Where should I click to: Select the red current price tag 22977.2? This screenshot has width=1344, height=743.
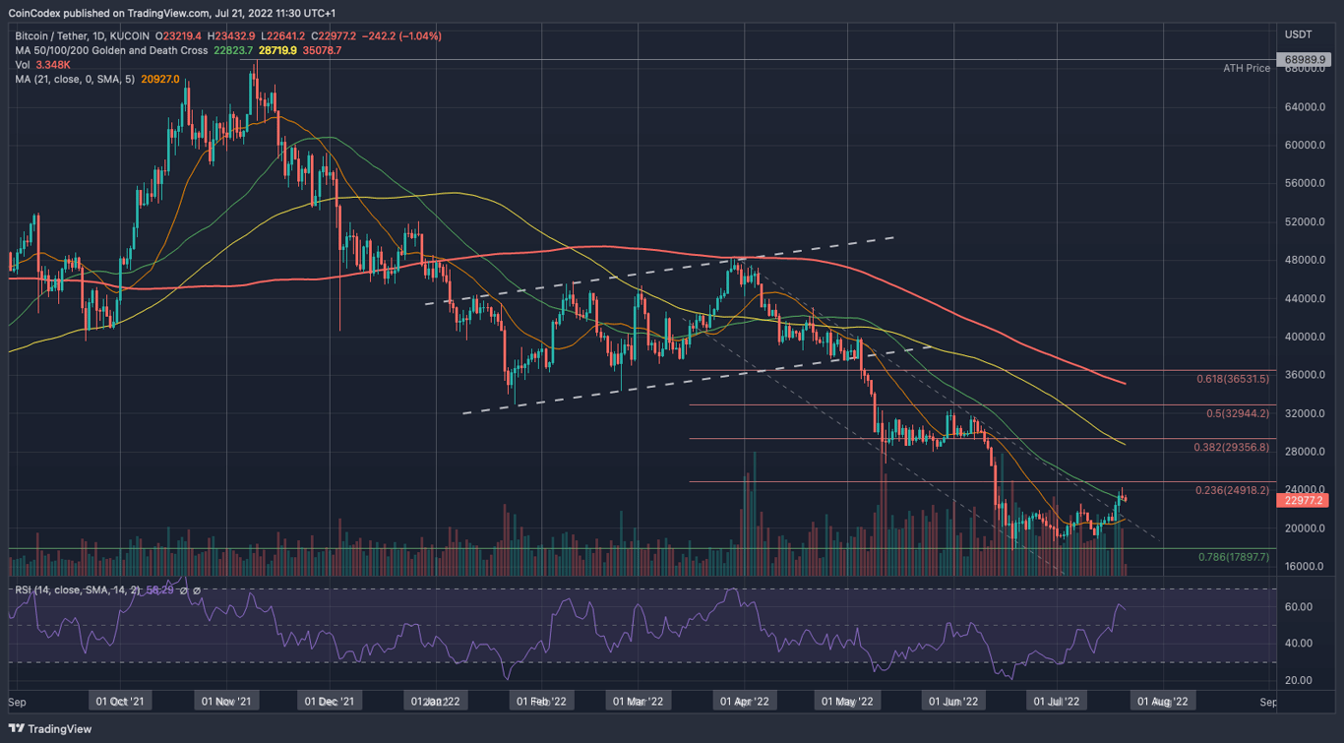(x=1303, y=500)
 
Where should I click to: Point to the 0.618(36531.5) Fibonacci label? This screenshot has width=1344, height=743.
(x=1233, y=378)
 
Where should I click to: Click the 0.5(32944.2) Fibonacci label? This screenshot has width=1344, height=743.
(x=1238, y=413)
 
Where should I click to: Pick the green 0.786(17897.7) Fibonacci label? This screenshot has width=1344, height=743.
(x=1233, y=557)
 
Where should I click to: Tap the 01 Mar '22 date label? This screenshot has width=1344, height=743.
(x=638, y=702)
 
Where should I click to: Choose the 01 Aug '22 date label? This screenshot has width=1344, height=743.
(x=1163, y=702)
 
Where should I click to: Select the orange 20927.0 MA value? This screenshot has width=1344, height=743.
(x=160, y=79)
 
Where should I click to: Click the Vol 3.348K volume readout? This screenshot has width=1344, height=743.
(x=36, y=65)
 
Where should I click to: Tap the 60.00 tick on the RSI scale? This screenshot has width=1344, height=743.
(x=1298, y=606)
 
